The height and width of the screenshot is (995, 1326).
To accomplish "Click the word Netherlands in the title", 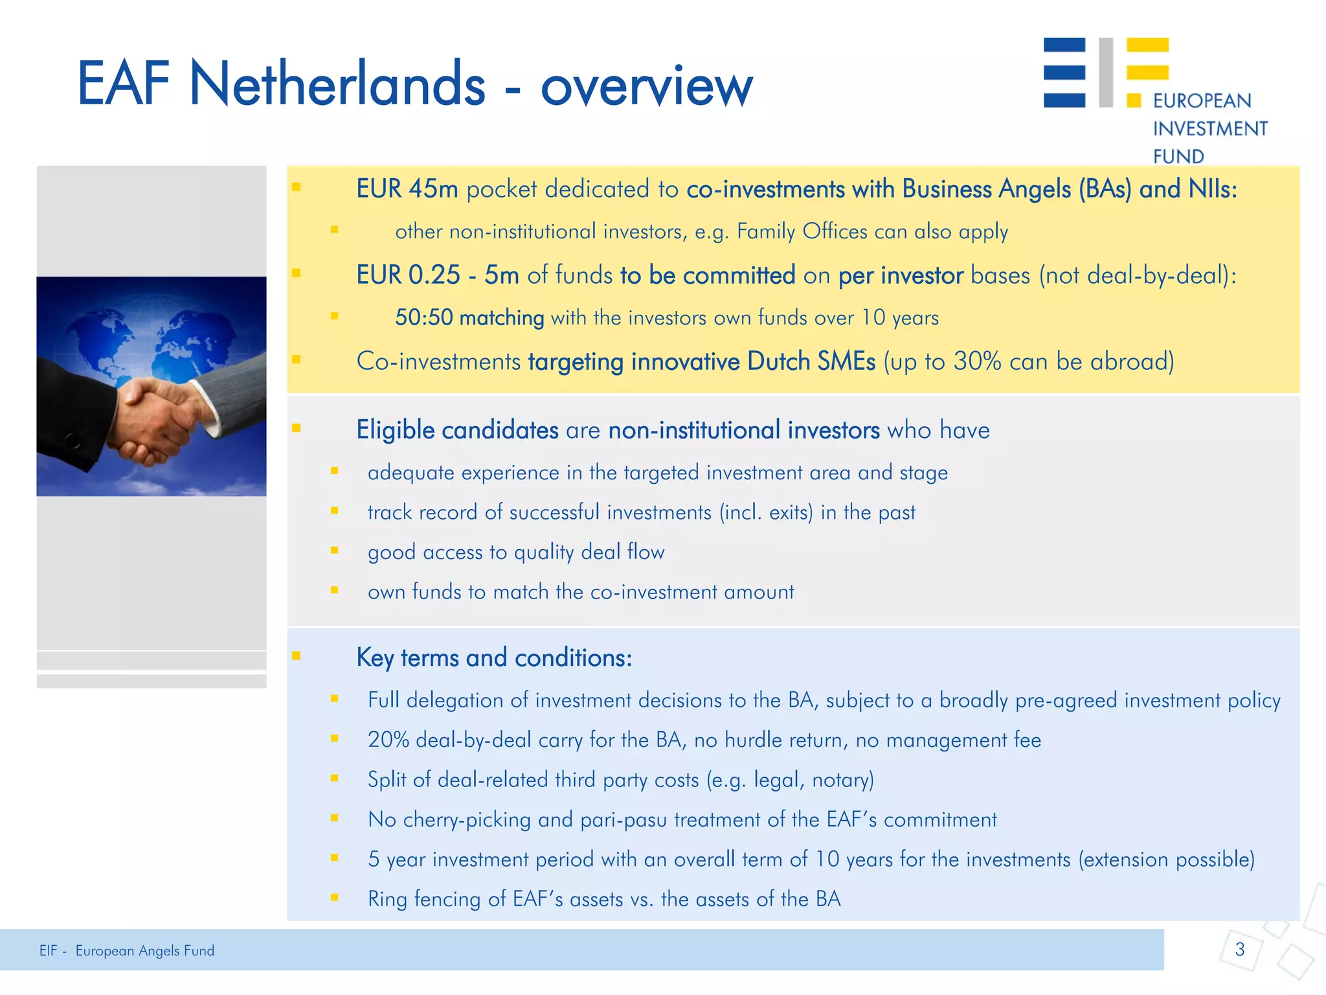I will click(337, 84).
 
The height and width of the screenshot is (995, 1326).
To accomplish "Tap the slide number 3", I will click(1240, 950).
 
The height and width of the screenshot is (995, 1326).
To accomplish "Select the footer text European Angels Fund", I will click(144, 951).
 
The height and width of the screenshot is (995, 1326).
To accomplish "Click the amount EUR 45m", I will click(407, 189).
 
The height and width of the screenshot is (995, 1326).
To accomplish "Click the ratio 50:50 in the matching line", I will click(423, 318).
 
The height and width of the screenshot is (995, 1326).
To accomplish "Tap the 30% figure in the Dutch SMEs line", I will click(977, 361).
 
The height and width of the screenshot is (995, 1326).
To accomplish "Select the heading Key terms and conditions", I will click(493, 658).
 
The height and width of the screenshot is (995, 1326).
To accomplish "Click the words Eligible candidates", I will click(457, 430).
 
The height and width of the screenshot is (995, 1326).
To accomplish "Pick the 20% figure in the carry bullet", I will click(388, 740).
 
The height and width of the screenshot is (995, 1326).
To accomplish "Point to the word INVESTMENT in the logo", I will click(1209, 129).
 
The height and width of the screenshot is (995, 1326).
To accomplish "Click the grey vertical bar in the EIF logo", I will click(1106, 72).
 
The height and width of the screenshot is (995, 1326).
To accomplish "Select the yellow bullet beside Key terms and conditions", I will click(297, 656).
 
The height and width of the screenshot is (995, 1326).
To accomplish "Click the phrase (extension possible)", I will click(1166, 860).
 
